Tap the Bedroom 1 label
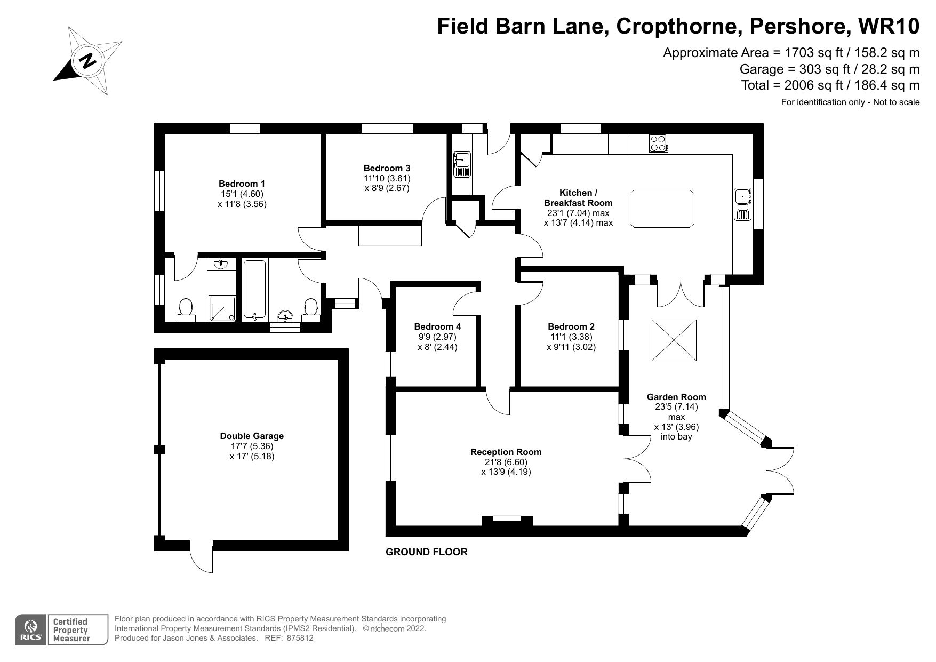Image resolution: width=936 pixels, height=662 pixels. point(242,184)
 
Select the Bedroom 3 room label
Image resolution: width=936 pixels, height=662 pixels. point(387,168)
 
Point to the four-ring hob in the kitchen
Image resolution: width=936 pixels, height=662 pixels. point(658,143)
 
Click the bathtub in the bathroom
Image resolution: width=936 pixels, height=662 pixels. point(255,289)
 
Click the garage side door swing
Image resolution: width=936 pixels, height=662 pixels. point(201,560)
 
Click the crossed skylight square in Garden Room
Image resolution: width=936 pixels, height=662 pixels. point(674,340)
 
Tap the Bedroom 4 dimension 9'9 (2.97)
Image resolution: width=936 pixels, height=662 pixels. point(437,337)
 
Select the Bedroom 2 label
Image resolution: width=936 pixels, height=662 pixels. point(571,326)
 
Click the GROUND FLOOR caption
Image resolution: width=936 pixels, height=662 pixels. point(426,552)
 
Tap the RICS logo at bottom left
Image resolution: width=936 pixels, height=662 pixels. point(31,629)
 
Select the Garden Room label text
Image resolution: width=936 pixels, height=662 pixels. point(676,397)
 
